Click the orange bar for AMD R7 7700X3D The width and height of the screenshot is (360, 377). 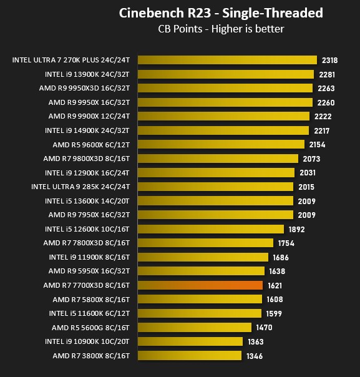click(200, 285)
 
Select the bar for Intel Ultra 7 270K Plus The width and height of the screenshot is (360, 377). click(227, 60)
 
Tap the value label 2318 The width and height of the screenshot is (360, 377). click(329, 60)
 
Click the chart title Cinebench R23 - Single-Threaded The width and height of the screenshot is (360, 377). click(221, 12)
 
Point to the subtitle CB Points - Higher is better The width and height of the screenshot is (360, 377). click(221, 29)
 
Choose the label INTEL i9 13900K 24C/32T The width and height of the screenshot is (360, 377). click(87, 74)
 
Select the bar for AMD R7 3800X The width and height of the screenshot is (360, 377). click(190, 356)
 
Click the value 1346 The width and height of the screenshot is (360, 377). click(255, 356)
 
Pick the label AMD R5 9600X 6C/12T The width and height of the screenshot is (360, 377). click(91, 145)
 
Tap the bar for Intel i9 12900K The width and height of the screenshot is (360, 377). click(216, 173)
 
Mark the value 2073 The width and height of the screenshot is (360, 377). click(311, 159)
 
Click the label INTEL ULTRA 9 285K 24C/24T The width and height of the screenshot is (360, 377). click(80, 187)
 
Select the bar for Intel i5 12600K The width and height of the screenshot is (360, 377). click(211, 229)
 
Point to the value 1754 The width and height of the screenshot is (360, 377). click(286, 243)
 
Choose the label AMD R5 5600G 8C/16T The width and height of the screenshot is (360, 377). click(90, 328)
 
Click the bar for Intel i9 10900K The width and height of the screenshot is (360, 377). click(190, 341)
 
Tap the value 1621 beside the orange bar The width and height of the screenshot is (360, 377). click(275, 286)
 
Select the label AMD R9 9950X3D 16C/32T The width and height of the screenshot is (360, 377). click(84, 88)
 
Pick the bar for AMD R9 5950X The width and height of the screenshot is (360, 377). click(201, 271)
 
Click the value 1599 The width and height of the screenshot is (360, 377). click(274, 314)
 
